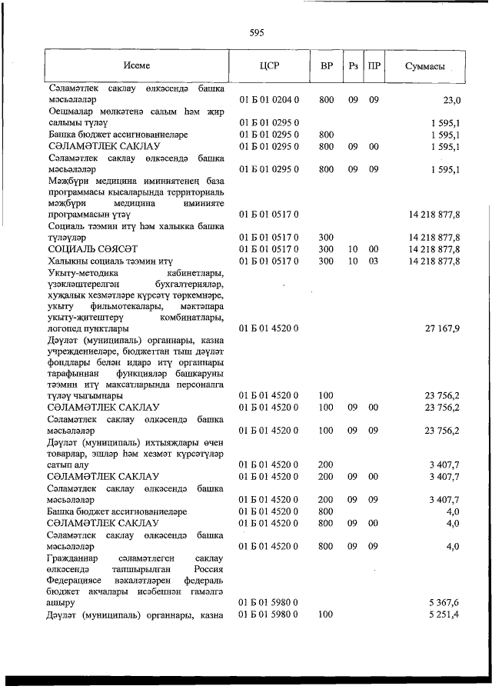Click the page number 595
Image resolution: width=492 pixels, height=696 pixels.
[x=257, y=32]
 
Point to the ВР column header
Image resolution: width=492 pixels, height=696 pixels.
[x=326, y=66]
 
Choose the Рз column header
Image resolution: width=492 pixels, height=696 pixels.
[x=353, y=66]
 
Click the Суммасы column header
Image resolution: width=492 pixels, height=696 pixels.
[x=425, y=66]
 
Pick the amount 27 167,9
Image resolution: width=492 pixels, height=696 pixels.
[x=442, y=328]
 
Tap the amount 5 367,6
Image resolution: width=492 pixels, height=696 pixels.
[x=444, y=603]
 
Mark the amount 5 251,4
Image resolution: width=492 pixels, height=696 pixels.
[x=444, y=614]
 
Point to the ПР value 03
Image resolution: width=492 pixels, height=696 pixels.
[x=374, y=261]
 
